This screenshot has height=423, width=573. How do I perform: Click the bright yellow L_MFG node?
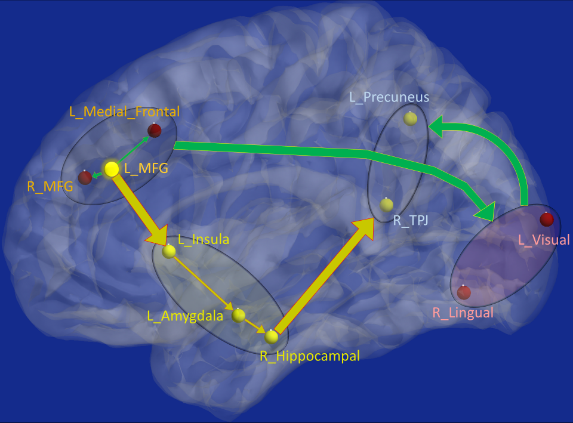(112, 169)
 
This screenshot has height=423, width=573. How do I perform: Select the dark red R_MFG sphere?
(85, 178)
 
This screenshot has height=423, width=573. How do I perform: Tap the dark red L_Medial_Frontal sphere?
(155, 130)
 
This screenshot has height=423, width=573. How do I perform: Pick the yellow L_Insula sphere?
(169, 252)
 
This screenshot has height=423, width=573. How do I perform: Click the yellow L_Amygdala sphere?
(239, 316)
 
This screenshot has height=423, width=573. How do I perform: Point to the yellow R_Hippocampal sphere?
(272, 336)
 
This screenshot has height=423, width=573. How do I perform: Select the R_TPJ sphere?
(387, 205)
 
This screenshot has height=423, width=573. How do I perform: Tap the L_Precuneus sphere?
(410, 118)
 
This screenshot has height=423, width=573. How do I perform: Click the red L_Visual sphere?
(546, 220)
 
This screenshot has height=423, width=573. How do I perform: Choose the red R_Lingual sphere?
(464, 292)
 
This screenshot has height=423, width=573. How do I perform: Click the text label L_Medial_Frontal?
(124, 112)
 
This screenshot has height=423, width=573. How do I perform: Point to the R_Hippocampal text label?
(309, 356)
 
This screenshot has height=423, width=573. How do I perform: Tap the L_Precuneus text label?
(389, 96)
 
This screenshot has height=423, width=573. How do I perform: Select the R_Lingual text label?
(463, 312)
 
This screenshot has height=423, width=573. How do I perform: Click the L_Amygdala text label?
(185, 316)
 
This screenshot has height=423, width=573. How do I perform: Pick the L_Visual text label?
(544, 240)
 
